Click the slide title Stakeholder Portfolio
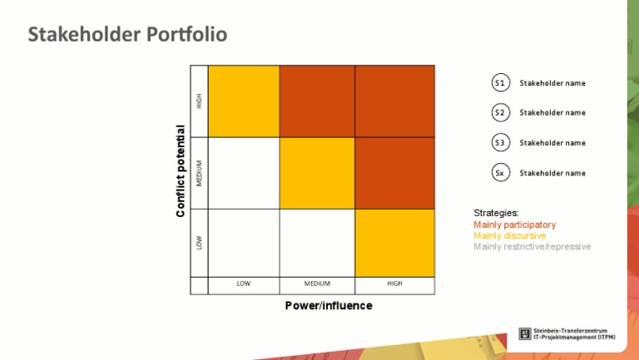coord(127,35)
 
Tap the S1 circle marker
coord(500,83)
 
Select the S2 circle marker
coord(500,112)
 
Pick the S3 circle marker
coord(500,142)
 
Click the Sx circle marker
coord(500,173)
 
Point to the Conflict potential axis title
coord(181,171)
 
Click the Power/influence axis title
coord(329,306)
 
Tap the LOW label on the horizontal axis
coord(244,284)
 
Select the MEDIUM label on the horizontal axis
coord(317,284)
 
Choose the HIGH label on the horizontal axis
coord(394,284)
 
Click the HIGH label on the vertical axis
coord(199,101)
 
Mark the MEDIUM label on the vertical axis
coord(199,173)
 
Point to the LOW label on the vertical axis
coord(199,243)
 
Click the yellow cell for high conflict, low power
coord(244,101)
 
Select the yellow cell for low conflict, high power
coord(394,243)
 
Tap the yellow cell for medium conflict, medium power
coord(317,173)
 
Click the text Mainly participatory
coord(514,225)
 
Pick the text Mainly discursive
coord(509,236)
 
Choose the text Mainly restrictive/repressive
coord(532,247)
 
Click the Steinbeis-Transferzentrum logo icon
coord(525,334)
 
